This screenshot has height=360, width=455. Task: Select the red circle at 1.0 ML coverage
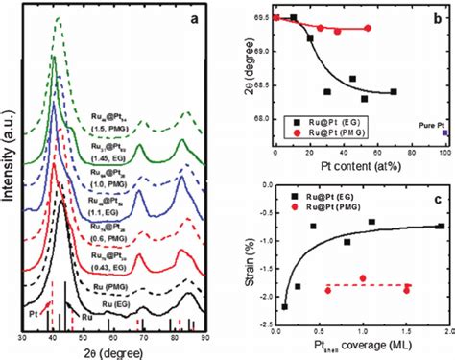(363, 278)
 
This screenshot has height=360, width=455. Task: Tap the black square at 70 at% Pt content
(395, 92)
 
